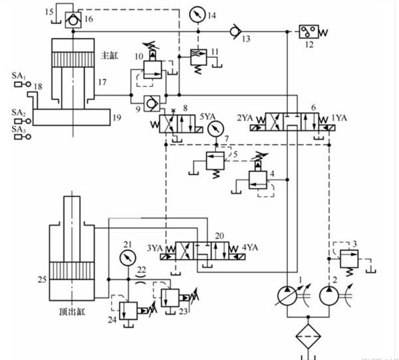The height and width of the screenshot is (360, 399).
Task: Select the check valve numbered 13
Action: [x=231, y=31]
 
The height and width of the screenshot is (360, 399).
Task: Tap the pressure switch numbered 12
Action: [x=309, y=31]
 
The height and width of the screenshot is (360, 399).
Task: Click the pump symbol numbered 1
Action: [x=289, y=295]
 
